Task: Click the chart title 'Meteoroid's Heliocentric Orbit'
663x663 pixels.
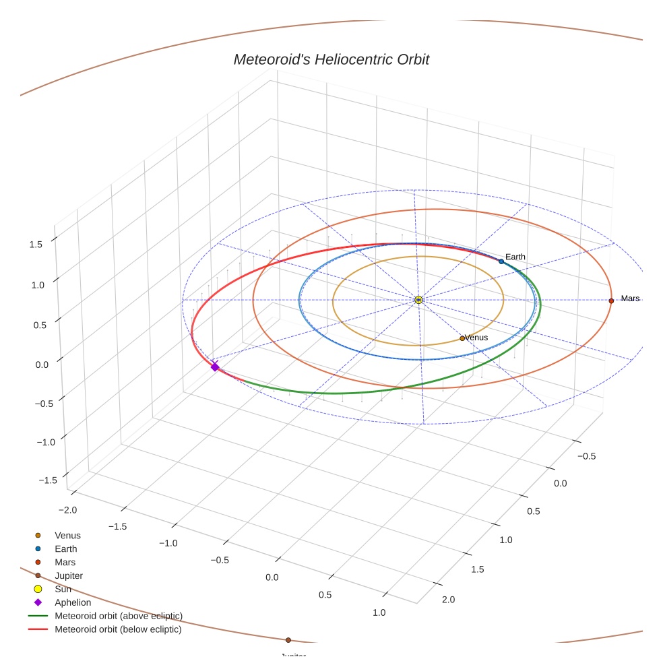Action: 331,59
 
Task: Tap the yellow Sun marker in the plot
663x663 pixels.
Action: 418,299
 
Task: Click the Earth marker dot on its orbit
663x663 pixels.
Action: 501,261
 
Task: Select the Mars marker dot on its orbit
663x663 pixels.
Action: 611,301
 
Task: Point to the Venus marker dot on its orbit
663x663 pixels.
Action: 462,338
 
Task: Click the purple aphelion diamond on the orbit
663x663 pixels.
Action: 215,367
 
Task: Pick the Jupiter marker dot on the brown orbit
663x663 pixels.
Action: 288,640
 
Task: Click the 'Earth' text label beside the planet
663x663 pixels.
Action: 515,257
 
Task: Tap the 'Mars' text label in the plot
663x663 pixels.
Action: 630,298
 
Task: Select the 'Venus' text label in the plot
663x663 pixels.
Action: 476,338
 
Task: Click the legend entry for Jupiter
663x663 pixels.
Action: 69,575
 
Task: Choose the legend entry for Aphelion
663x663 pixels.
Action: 73,602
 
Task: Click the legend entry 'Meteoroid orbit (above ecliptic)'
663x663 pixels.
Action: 119,616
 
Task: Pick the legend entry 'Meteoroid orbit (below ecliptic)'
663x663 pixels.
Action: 118,629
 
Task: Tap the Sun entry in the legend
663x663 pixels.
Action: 63,589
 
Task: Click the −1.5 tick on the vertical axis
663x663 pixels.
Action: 47,480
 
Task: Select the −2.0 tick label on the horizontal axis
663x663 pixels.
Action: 69,510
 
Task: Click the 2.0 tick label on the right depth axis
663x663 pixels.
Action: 448,600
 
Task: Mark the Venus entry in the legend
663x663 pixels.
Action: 67,535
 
